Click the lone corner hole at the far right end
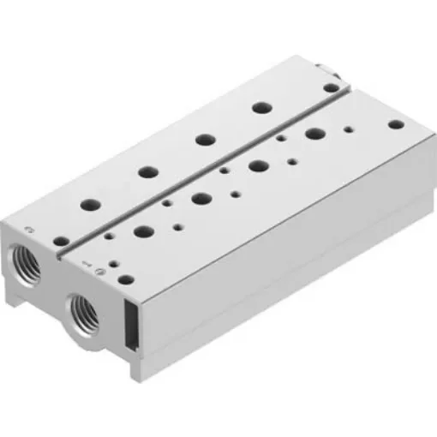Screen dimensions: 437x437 (x=394, y=124)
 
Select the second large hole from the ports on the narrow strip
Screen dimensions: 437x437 (x=147, y=171)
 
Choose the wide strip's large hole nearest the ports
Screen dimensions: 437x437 (x=141, y=231)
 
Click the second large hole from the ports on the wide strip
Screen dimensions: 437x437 (x=201, y=198)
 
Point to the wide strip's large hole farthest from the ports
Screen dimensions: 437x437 (x=314, y=133)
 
